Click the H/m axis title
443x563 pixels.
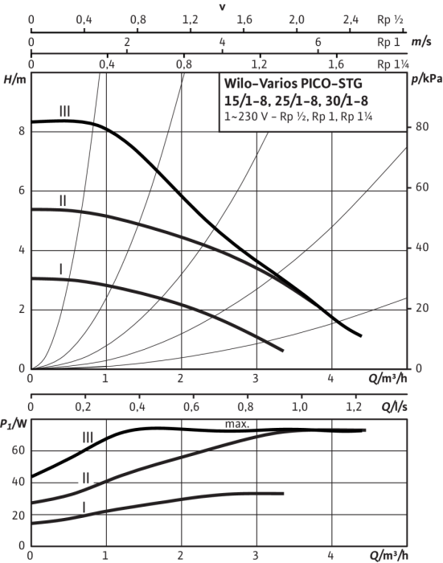click(14, 80)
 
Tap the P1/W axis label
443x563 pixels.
click(14, 424)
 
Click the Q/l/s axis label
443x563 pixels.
click(394, 407)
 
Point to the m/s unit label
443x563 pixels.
click(420, 42)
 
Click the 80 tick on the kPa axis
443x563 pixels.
click(422, 127)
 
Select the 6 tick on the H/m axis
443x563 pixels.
click(22, 191)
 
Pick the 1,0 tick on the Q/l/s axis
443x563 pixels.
click(299, 406)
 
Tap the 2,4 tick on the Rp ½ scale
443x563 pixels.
click(351, 19)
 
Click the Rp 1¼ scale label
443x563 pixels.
click(392, 64)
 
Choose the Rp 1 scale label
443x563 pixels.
click(388, 42)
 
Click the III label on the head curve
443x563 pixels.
click(64, 111)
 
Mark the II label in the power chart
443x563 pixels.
click(85, 479)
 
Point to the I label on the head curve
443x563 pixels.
click(60, 269)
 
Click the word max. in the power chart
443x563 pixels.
click(237, 424)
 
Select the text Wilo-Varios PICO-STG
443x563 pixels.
click(293, 84)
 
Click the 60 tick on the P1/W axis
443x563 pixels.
click(18, 450)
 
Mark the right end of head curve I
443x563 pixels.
click(283, 351)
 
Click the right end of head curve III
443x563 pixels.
click(361, 335)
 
